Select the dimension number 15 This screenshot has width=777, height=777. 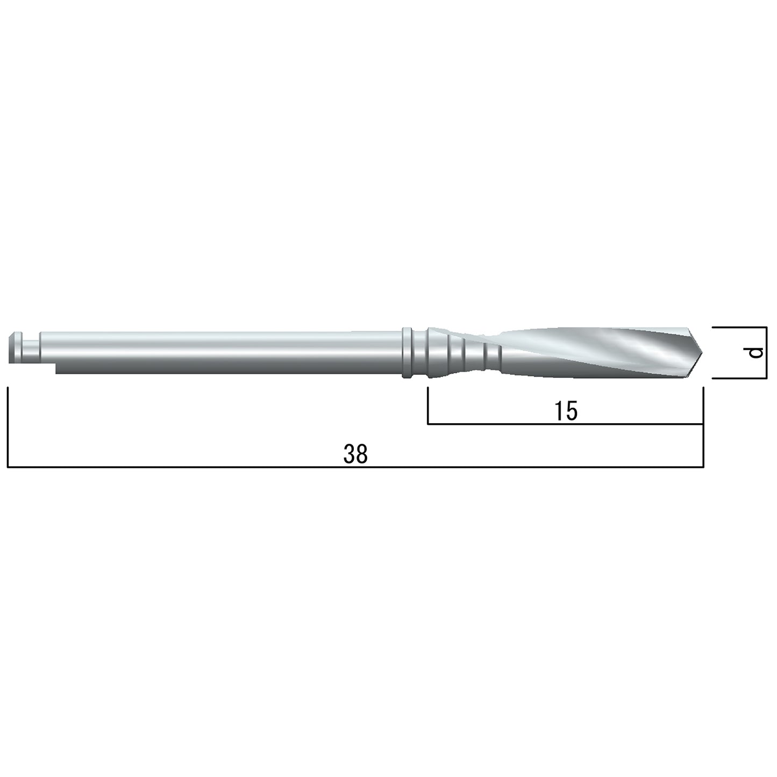[x=566, y=410]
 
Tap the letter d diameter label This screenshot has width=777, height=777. [x=756, y=353]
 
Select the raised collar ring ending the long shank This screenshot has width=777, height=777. [x=407, y=353]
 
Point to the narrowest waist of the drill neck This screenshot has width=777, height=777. [x=493, y=353]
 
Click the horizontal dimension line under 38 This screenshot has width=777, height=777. [x=355, y=468]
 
